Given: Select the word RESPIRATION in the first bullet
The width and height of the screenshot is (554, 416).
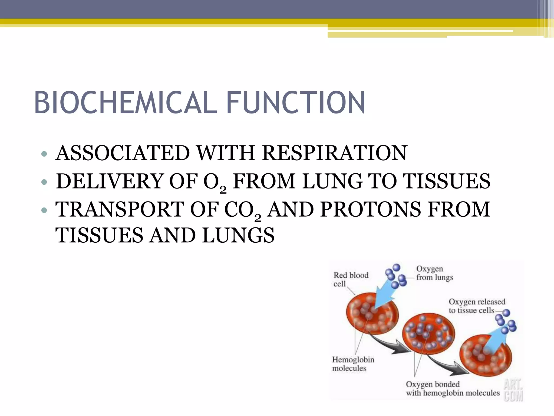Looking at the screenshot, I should (x=334, y=153).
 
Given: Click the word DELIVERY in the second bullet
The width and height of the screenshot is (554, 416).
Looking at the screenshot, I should (x=109, y=181).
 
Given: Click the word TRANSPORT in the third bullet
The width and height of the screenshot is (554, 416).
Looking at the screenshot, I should (x=119, y=209).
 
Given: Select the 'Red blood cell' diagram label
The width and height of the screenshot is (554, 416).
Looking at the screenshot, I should (x=351, y=279).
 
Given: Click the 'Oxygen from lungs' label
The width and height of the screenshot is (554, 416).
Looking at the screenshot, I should (x=434, y=273).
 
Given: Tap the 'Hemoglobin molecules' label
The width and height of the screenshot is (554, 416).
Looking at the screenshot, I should (x=353, y=364).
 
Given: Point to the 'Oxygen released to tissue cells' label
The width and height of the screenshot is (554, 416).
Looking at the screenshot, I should (x=477, y=306).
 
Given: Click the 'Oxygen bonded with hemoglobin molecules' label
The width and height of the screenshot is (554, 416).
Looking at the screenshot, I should (x=452, y=388).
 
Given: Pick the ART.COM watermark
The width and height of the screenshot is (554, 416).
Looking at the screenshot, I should (x=513, y=390).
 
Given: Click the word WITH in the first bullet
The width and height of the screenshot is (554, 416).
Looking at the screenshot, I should (x=226, y=153).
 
